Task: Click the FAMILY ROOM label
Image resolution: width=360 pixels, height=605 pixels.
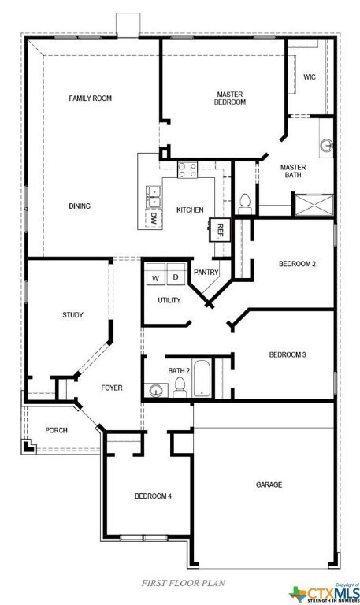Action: [x=90, y=98]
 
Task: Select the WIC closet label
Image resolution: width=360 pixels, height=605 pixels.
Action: [x=309, y=76]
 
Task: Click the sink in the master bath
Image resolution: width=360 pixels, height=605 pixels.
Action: [x=326, y=146]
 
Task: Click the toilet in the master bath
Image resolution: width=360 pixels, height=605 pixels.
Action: [x=244, y=202]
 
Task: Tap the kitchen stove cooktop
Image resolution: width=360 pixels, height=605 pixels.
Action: [x=187, y=169]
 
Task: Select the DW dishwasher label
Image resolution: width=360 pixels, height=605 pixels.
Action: [x=154, y=219]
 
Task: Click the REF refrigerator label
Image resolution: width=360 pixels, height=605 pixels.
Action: [x=221, y=230]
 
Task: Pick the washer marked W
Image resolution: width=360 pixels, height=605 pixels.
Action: [x=155, y=278]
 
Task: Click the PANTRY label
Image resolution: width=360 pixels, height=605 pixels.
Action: [x=206, y=272]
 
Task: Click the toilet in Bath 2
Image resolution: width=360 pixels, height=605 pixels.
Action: [x=180, y=386]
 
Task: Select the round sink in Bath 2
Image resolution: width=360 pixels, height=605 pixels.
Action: [x=156, y=389]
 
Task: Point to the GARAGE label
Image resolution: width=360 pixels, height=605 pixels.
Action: [x=269, y=484]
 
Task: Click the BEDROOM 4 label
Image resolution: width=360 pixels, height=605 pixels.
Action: [x=153, y=496]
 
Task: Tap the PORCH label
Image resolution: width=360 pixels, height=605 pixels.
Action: [x=56, y=430]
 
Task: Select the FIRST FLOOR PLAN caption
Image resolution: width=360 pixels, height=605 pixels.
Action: [x=183, y=583]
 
